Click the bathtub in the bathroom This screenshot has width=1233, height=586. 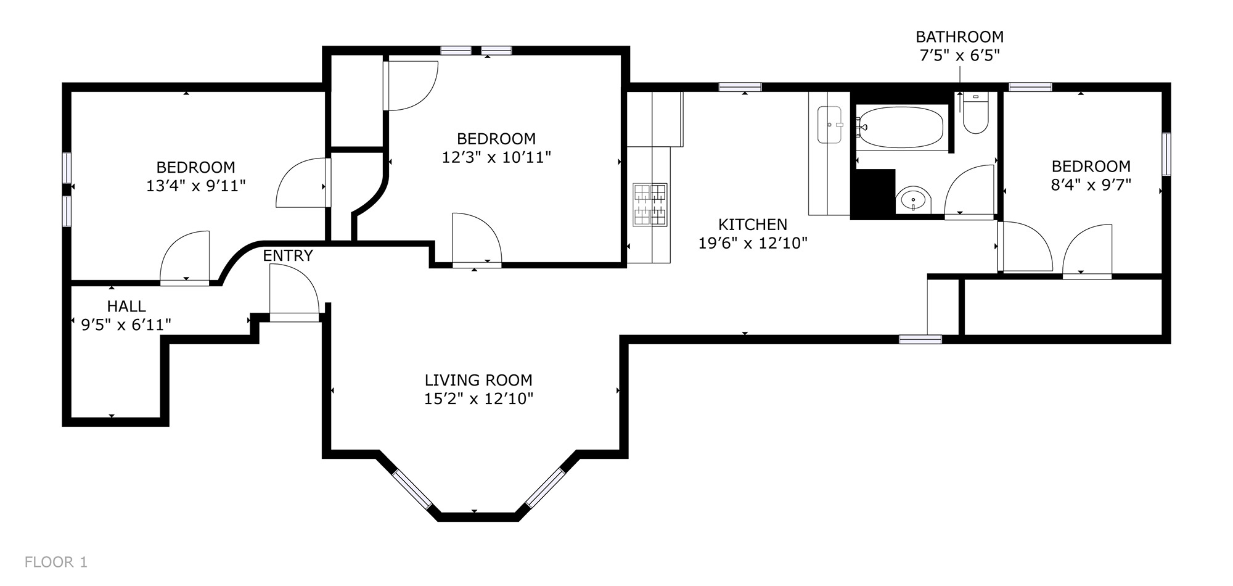point(900,128)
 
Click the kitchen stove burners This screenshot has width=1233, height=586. point(650,204)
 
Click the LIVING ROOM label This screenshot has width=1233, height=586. point(478,380)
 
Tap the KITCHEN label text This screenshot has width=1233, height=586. point(753,224)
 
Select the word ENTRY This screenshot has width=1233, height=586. point(288,255)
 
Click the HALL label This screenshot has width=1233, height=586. point(126,306)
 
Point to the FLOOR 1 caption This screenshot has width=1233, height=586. point(56,562)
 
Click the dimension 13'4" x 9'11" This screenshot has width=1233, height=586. point(196,186)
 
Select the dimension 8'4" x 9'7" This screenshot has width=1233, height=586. point(1091,184)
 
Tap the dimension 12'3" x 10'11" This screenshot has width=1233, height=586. point(496,157)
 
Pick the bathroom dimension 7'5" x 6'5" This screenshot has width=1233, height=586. point(959,56)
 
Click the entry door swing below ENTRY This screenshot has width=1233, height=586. point(294,289)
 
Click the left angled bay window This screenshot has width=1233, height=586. point(412,490)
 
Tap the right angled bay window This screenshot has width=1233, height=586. point(545,488)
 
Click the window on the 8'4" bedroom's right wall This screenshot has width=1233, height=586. point(1166,154)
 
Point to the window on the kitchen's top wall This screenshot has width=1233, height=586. point(740,87)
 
